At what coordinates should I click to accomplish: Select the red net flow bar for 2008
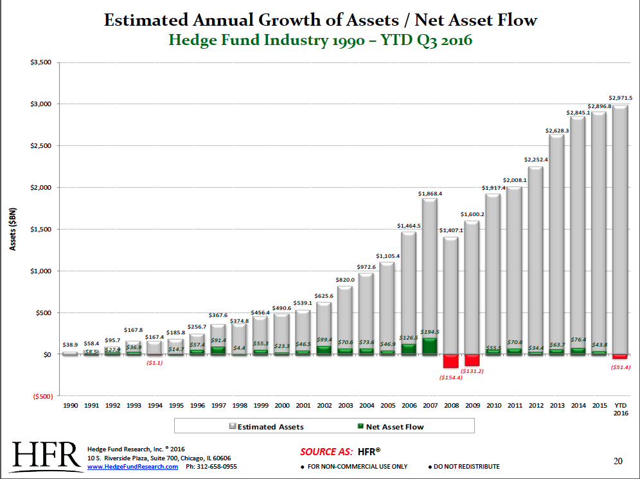click(x=450, y=361)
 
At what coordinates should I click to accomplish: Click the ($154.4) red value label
click(x=450, y=377)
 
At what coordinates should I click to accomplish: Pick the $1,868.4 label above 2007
click(x=430, y=193)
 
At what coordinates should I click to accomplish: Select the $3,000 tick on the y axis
click(x=40, y=104)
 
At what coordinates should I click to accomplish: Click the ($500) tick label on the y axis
click(x=40, y=397)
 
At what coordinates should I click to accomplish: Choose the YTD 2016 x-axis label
click(x=620, y=410)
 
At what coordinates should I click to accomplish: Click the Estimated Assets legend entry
click(x=267, y=426)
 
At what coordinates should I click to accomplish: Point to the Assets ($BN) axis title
click(x=13, y=229)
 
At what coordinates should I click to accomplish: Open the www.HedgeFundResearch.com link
click(x=132, y=467)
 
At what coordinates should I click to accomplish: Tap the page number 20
click(x=618, y=461)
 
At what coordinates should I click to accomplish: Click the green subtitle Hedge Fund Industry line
click(x=320, y=40)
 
